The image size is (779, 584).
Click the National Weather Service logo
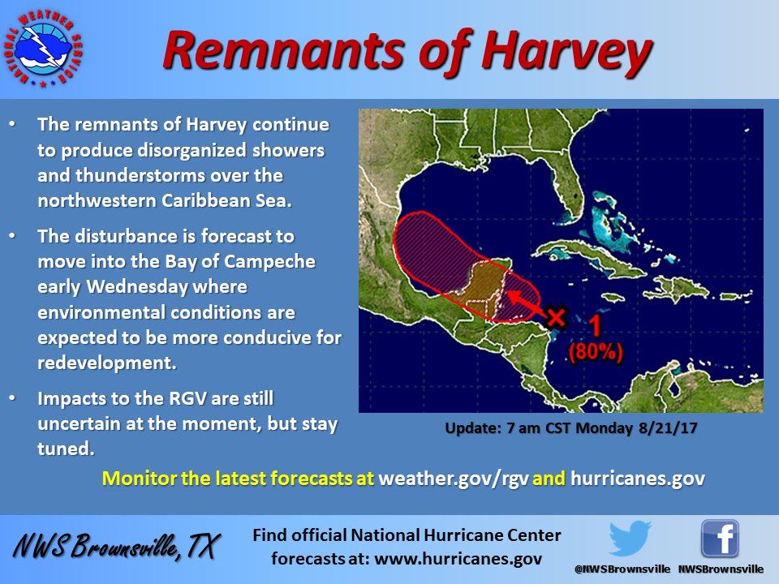(x=43, y=49)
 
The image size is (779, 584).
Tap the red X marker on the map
(x=557, y=316)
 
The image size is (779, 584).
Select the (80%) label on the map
(x=596, y=351)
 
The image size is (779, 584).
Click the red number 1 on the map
(x=594, y=326)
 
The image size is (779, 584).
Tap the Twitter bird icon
(x=630, y=539)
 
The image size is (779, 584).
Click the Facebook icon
(x=720, y=539)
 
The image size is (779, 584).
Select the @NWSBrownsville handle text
(x=622, y=569)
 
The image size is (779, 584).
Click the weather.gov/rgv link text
(x=453, y=479)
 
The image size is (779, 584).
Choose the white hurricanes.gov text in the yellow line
(x=638, y=479)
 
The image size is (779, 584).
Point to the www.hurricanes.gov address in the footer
(x=458, y=559)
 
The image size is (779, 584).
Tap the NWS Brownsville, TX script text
(x=116, y=546)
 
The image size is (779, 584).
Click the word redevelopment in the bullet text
(x=107, y=363)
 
